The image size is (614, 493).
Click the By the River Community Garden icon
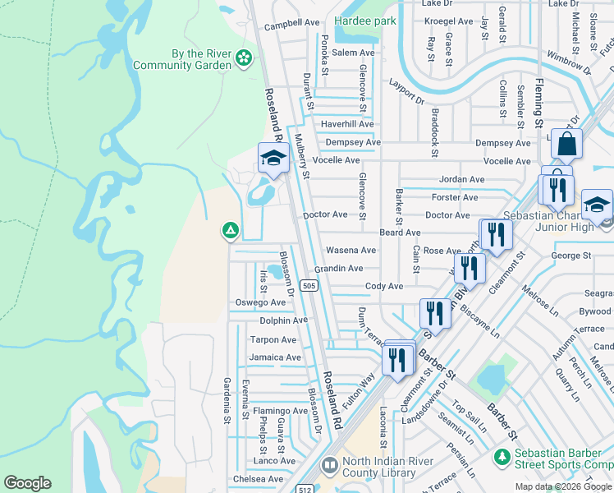click(x=243, y=58)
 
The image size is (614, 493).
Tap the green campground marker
click(x=231, y=232)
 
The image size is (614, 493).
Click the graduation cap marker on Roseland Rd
click(x=273, y=159)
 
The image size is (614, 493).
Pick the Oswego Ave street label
click(x=261, y=302)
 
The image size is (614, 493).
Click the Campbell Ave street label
click(x=291, y=24)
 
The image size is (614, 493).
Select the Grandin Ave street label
click(x=338, y=269)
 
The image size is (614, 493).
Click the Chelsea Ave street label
click(x=258, y=479)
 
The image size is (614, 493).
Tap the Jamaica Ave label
click(x=275, y=357)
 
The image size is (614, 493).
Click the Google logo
click(x=27, y=483)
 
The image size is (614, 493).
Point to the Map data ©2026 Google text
click(x=564, y=486)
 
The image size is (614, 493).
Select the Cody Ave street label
click(x=383, y=286)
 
